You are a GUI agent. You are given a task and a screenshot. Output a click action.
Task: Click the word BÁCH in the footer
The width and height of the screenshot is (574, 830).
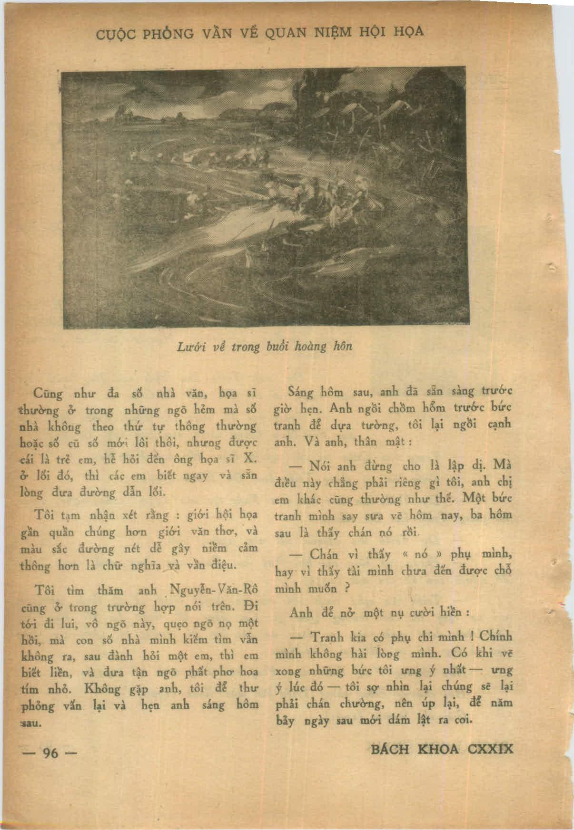coord(391,749)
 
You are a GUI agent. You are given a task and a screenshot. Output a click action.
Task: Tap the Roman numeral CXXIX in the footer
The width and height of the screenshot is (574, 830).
coord(491,749)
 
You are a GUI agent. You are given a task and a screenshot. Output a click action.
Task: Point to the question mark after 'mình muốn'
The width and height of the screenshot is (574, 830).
coord(347,588)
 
